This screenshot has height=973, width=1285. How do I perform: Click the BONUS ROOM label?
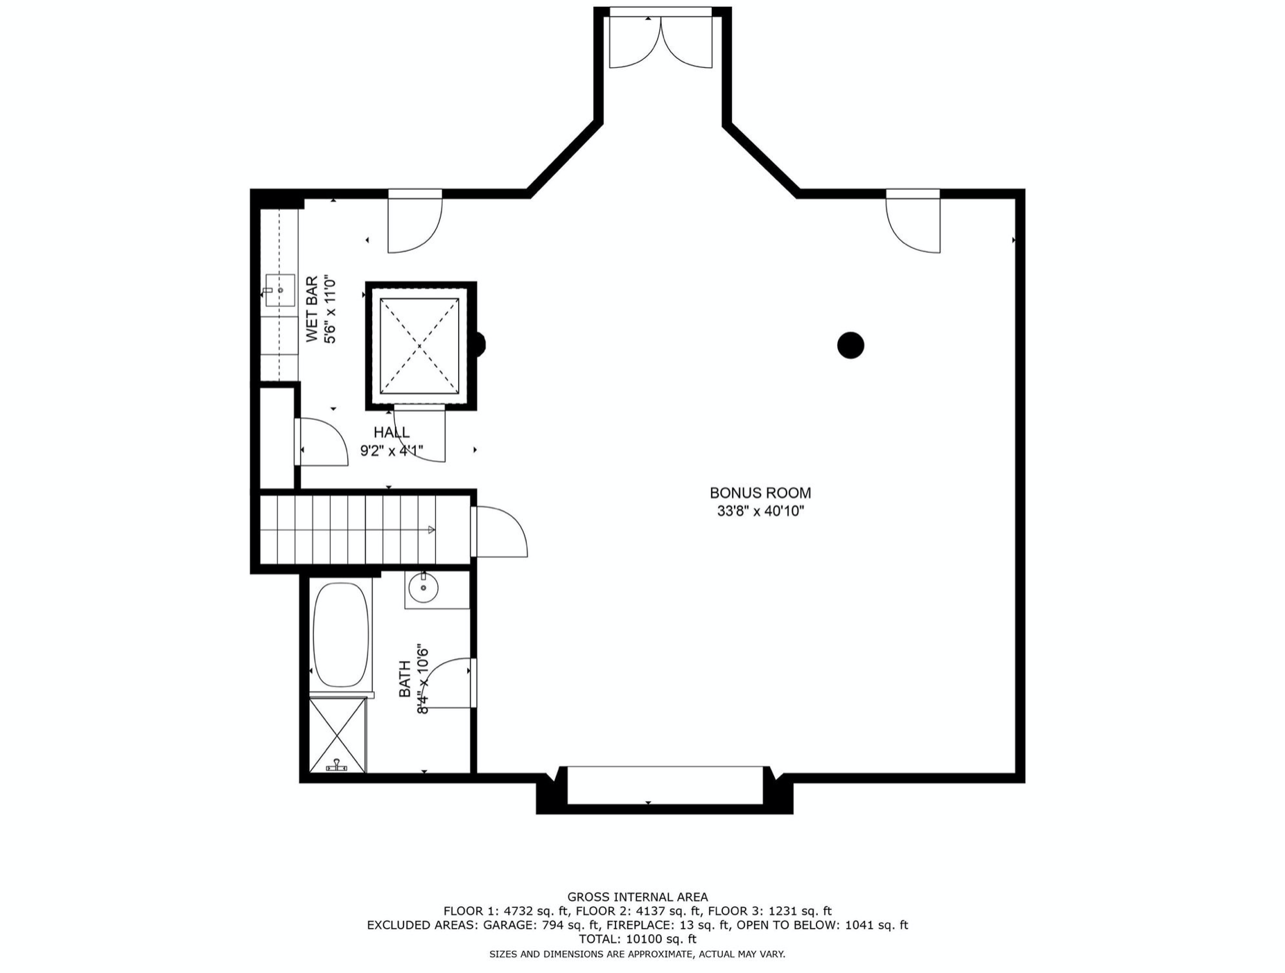click(x=760, y=493)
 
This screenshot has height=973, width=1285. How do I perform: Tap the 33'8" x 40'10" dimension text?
click(x=760, y=511)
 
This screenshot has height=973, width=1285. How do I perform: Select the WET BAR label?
click(x=312, y=308)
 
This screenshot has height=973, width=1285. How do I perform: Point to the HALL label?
click(x=391, y=432)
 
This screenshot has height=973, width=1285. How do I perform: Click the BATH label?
click(x=404, y=678)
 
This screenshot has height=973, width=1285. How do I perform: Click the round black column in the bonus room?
click(x=850, y=345)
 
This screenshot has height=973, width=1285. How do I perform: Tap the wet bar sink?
click(x=279, y=290)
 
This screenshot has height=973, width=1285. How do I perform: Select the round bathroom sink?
click(x=423, y=588)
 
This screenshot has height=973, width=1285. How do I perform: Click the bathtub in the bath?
click(x=340, y=635)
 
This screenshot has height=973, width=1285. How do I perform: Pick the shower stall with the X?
click(x=338, y=735)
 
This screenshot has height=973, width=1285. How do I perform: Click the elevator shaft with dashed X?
click(x=420, y=346)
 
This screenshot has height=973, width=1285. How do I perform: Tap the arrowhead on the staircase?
click(x=431, y=530)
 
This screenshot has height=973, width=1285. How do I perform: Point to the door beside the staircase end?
click(x=499, y=532)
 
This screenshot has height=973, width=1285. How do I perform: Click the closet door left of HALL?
click(x=321, y=442)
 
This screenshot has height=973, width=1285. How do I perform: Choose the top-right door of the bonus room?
click(x=913, y=222)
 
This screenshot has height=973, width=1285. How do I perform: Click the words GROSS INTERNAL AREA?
click(x=638, y=897)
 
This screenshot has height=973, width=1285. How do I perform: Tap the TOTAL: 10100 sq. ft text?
click(x=638, y=939)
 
